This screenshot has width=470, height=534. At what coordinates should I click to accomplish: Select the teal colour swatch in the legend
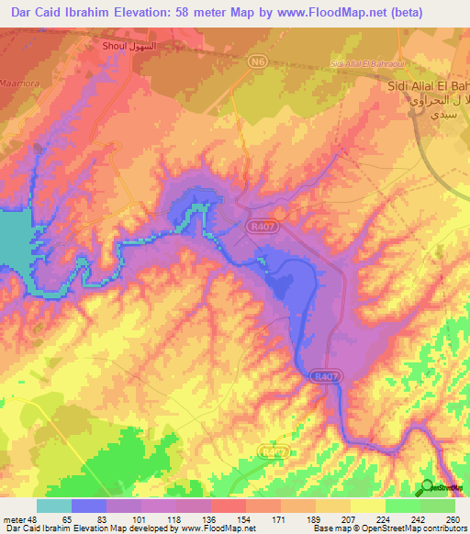click(53, 505)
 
